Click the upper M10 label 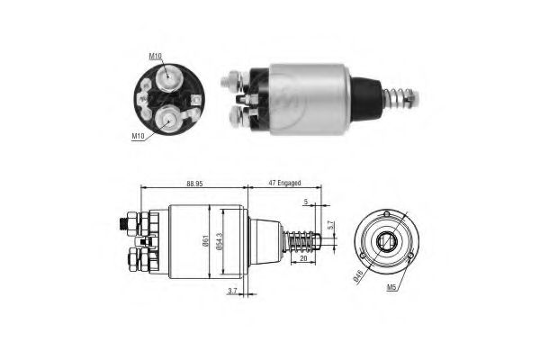click(155, 56)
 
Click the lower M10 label click(138, 136)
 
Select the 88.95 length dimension click(194, 184)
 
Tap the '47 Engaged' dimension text click(284, 183)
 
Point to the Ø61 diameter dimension click(206, 240)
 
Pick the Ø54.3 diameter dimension click(220, 240)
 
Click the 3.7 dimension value click(232, 291)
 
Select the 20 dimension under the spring click(303, 258)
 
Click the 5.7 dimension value click(330, 225)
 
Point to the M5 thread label click(391, 287)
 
